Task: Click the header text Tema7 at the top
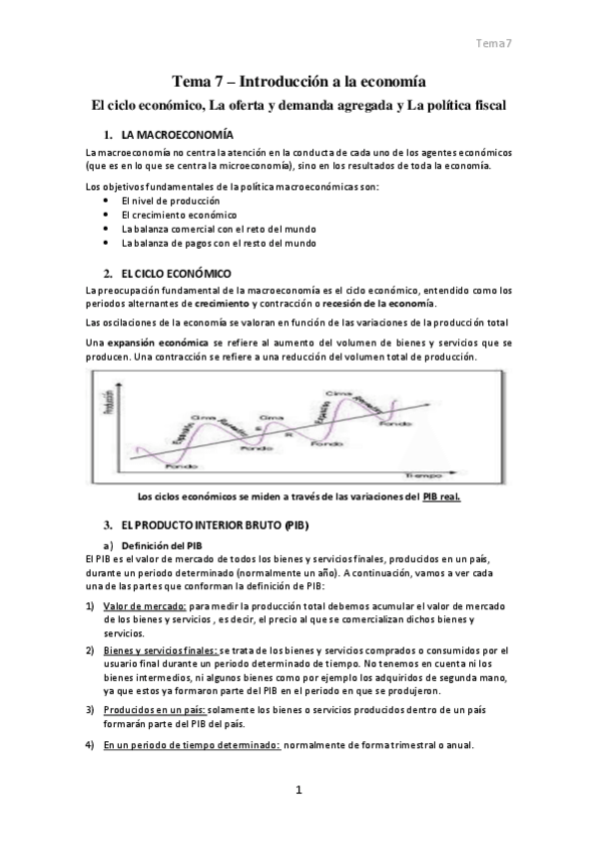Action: click(x=493, y=43)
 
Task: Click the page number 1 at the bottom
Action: click(x=298, y=791)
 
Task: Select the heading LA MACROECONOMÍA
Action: click(x=177, y=134)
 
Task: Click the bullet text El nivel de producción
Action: click(x=163, y=201)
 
